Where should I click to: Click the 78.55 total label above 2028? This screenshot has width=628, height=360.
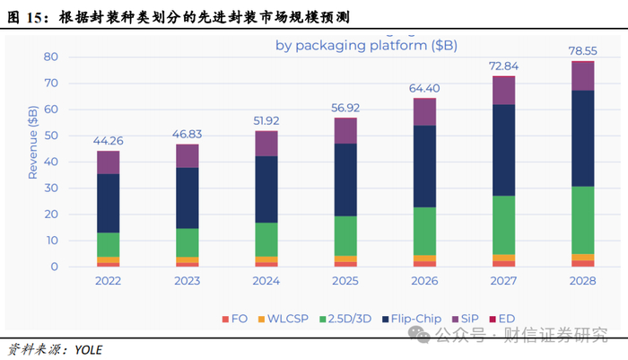(x=583, y=51)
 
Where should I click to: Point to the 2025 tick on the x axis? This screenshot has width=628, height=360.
(x=346, y=281)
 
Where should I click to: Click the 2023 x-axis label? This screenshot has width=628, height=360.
(x=188, y=281)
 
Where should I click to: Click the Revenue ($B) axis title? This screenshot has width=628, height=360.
(x=33, y=142)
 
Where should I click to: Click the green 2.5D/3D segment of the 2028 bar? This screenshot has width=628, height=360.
(x=583, y=220)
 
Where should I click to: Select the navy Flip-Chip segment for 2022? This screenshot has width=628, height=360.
(x=109, y=203)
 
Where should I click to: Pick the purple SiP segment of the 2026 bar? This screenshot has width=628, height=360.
(x=425, y=111)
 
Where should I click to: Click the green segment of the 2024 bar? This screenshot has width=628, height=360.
(x=266, y=239)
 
